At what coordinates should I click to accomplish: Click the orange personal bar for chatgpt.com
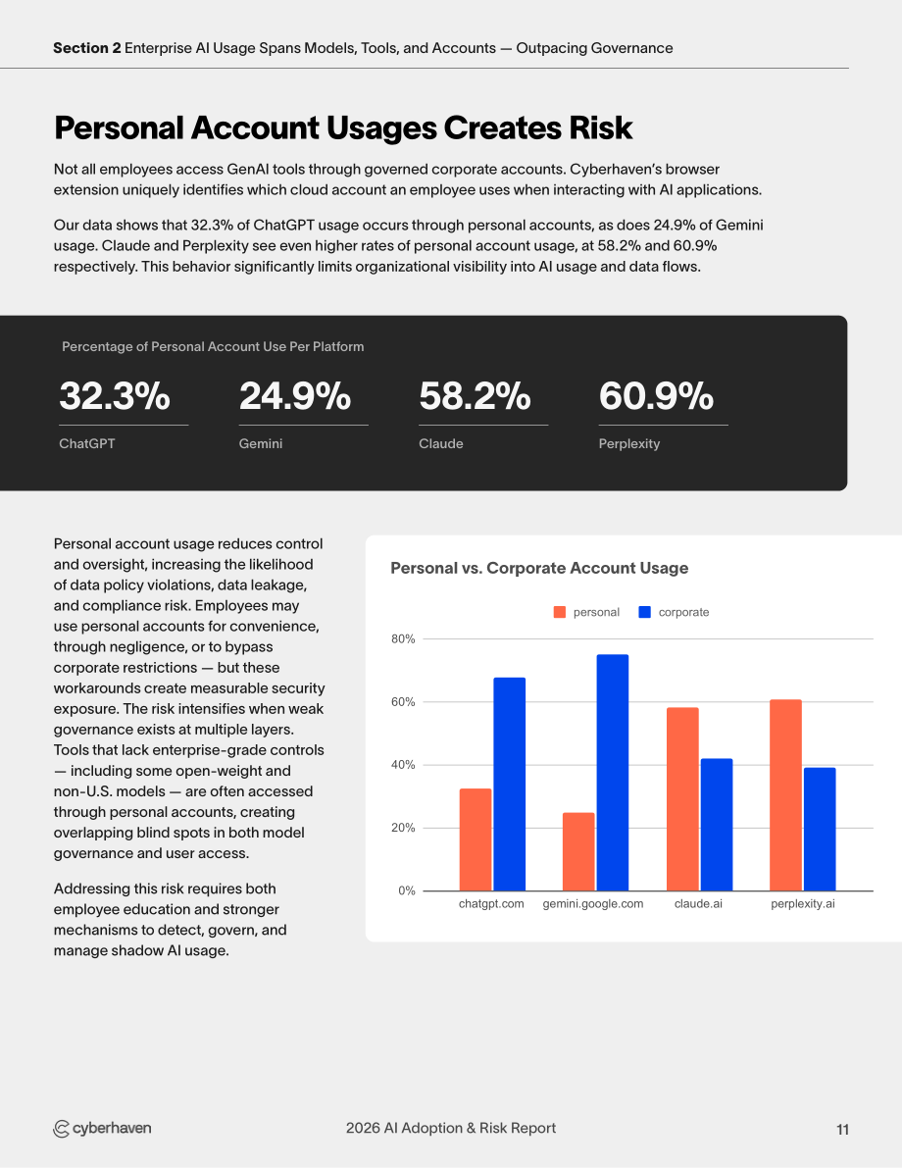coord(476,839)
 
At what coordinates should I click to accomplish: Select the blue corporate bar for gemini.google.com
coord(612,773)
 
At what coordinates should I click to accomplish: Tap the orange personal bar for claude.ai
coord(682,799)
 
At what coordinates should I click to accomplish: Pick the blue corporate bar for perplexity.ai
coord(820,829)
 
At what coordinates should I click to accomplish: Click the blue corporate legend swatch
coord(645,612)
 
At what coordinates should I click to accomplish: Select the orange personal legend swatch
coord(560,612)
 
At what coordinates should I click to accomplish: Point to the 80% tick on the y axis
coord(403,639)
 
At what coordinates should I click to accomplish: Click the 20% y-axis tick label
coord(403,828)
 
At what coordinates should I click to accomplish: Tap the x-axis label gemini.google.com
coord(593,903)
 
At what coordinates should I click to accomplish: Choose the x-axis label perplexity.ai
coord(803,903)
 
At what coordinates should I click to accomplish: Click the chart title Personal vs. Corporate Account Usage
coord(539,569)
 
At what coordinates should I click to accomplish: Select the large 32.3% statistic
coord(115,395)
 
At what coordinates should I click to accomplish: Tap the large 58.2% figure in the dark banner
coord(475,395)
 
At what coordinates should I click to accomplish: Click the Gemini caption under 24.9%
coord(261,443)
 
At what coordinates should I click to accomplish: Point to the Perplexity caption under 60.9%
coord(629,444)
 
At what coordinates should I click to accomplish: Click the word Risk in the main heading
coord(600,128)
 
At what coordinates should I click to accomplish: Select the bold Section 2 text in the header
coord(87,48)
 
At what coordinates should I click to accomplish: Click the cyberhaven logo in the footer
coord(102,1129)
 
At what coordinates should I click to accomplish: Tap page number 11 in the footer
coord(842,1130)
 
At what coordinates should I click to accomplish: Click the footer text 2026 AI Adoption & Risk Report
coord(451,1128)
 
